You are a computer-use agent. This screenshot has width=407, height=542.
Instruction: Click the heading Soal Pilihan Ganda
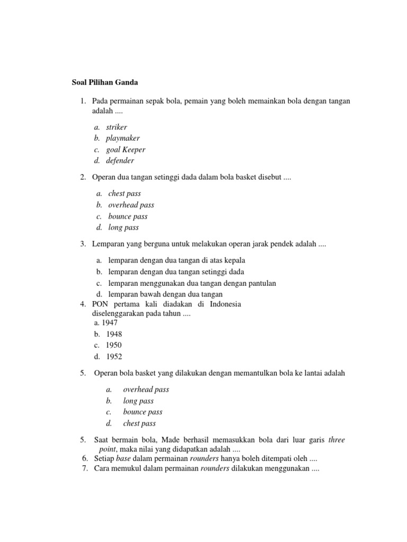(x=105, y=83)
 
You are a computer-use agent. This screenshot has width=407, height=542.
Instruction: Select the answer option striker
(x=117, y=127)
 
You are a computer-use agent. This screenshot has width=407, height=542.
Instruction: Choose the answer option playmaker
(x=123, y=138)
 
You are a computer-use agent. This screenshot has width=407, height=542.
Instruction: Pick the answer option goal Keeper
(x=126, y=150)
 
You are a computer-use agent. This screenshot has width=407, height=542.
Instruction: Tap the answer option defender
(x=120, y=161)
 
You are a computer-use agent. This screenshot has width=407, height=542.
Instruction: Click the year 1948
(x=114, y=334)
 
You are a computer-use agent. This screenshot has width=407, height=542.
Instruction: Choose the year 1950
(x=114, y=345)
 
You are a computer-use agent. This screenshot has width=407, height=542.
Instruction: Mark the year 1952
(x=114, y=356)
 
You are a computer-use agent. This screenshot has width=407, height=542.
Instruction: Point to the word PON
(x=100, y=304)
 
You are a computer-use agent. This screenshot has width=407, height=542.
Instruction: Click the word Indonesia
(x=225, y=304)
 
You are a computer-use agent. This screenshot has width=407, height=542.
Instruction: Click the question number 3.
(x=83, y=244)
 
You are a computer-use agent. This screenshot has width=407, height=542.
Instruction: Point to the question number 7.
(x=85, y=469)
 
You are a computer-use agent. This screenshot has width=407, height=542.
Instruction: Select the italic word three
(x=337, y=440)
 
